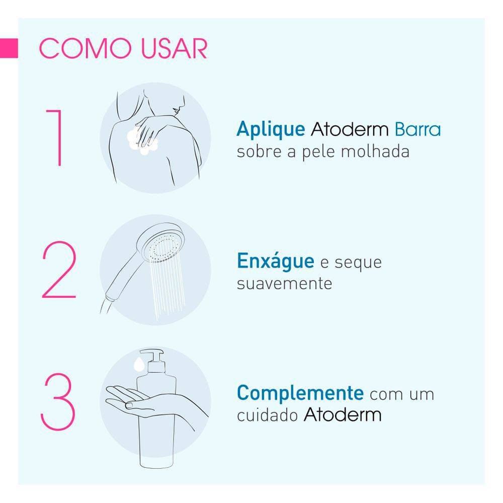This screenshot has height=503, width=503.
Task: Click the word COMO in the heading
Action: click(85, 48)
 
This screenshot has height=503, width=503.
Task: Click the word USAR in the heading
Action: click(174, 48)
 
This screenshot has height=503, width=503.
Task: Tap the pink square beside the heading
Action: click(9, 48)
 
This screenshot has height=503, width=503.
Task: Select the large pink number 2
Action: click(59, 270)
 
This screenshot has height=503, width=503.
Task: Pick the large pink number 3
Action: click(58, 401)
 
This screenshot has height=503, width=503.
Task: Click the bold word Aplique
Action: click(271, 130)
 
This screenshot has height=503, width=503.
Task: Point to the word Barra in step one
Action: click(417, 129)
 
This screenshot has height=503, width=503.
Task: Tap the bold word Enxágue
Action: click(276, 261)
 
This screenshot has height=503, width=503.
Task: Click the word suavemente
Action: click(285, 284)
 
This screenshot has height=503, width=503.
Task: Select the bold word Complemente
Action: click(300, 393)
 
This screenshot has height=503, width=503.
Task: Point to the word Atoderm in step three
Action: click(343, 414)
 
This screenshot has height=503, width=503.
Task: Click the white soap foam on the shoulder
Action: click(142, 140)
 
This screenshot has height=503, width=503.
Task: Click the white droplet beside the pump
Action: click(139, 364)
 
